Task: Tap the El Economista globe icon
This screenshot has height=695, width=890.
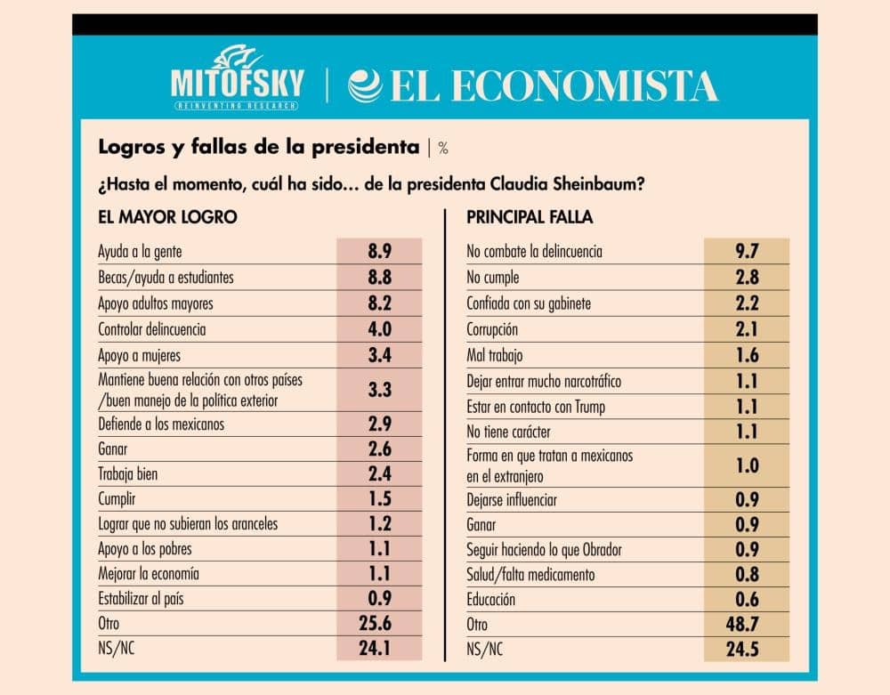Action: coord(366,86)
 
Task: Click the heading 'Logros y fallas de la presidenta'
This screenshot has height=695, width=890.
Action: coord(259,147)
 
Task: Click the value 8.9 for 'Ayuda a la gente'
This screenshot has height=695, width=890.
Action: coord(380,251)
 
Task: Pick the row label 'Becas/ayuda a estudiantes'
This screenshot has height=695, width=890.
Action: coord(166,278)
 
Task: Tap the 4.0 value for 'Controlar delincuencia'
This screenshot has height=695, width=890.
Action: coord(380,329)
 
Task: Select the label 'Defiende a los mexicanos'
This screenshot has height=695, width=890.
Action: coord(161,424)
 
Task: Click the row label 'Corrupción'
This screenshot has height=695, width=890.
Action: coord(492,329)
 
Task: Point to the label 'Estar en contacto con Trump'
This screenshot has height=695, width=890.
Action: coord(537,408)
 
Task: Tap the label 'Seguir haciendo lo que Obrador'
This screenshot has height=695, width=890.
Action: coord(544,549)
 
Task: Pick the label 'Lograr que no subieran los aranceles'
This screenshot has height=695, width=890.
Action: coord(188,524)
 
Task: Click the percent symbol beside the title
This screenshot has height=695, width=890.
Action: coord(443,148)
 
